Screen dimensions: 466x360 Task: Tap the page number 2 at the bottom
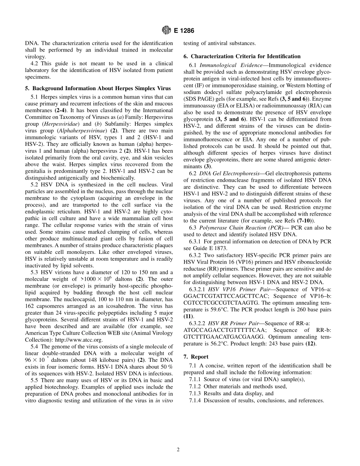pyautogui.click(x=178, y=450)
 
